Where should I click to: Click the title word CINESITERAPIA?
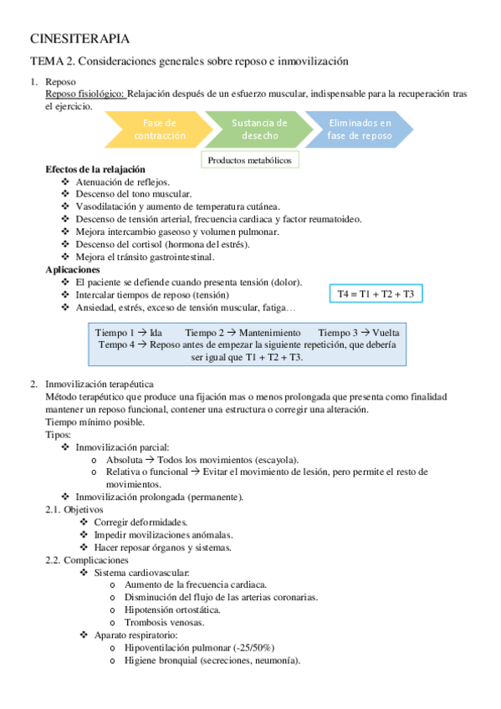79,38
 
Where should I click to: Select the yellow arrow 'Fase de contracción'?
160,129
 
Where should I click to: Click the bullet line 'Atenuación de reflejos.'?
122,181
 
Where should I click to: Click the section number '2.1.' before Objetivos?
53,509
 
